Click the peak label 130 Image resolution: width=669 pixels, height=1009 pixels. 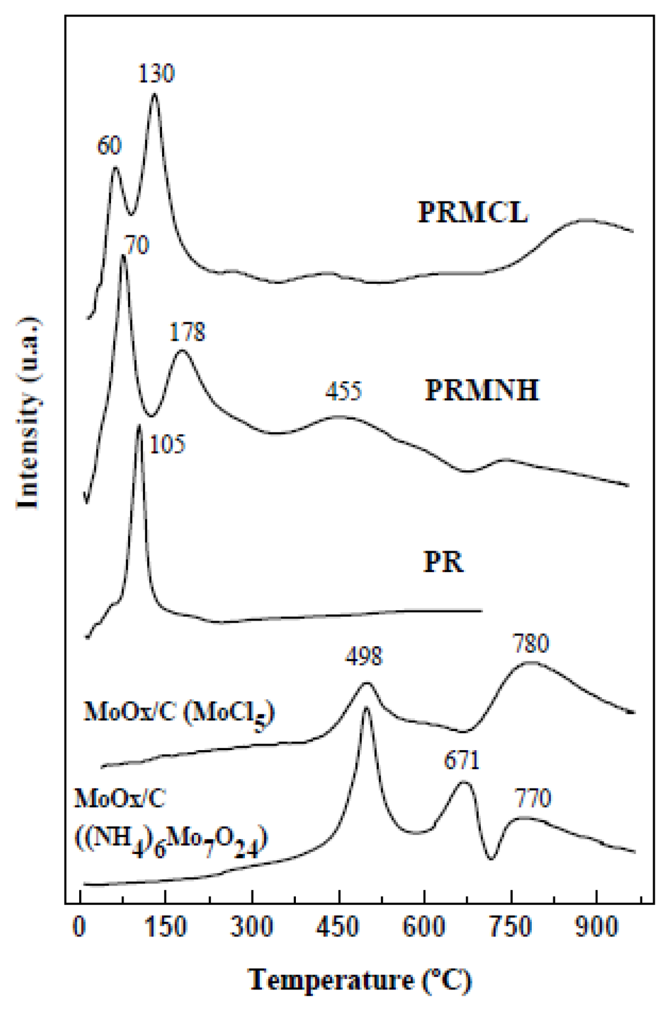[157, 74]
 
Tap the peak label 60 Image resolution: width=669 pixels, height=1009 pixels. [110, 146]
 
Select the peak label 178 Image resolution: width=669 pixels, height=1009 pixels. [187, 332]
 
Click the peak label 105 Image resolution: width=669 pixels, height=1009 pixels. [168, 445]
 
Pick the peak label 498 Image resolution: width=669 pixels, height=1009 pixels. [365, 656]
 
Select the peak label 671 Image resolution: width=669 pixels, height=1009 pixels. [462, 761]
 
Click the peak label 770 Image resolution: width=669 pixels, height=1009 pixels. [533, 798]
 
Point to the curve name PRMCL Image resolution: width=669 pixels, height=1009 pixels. [473, 213]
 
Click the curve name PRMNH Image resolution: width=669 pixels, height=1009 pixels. [482, 390]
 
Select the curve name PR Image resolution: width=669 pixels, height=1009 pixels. [444, 562]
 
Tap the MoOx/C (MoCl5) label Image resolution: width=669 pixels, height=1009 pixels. [179, 713]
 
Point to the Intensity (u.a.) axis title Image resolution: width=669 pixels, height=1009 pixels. [29, 412]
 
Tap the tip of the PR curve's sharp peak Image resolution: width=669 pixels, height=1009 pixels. [139, 425]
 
